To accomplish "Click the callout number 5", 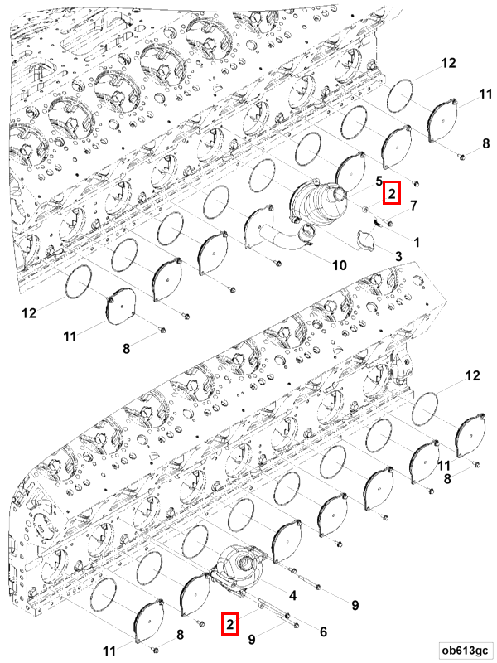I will point(378,180).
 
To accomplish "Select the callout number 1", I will point(416,242).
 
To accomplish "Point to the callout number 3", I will point(398,258).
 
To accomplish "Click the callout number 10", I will point(340,265).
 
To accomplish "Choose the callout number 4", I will point(292,595).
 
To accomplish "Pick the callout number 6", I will point(322,632).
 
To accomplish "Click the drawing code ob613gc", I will point(464,650).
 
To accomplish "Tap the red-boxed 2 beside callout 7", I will point(392,193).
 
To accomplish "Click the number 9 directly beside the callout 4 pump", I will point(355,606).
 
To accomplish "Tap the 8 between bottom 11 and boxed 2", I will point(179,636).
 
